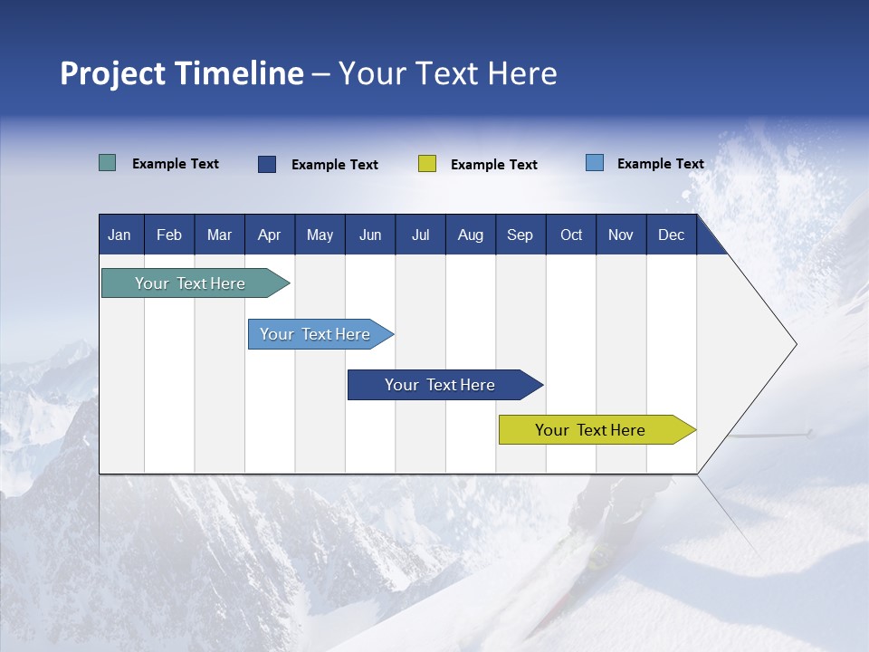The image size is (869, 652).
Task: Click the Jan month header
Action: tap(119, 235)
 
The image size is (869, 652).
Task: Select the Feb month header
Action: tap(169, 235)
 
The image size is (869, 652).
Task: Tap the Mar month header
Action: tap(219, 235)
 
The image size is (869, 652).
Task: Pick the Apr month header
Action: tap(269, 235)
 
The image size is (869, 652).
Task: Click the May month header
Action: tap(320, 235)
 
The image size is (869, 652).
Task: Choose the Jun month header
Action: tap(370, 235)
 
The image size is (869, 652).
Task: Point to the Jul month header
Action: tap(420, 235)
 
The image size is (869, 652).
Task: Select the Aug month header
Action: tap(471, 235)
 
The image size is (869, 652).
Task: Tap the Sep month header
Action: tap(520, 235)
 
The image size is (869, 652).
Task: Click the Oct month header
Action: tap(571, 235)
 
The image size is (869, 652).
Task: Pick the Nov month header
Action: tap(621, 235)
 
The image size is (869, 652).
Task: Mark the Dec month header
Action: tap(671, 235)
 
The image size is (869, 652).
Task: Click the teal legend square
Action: tap(108, 163)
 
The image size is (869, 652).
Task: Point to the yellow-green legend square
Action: tap(427, 164)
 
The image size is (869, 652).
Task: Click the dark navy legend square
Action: tap(267, 164)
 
